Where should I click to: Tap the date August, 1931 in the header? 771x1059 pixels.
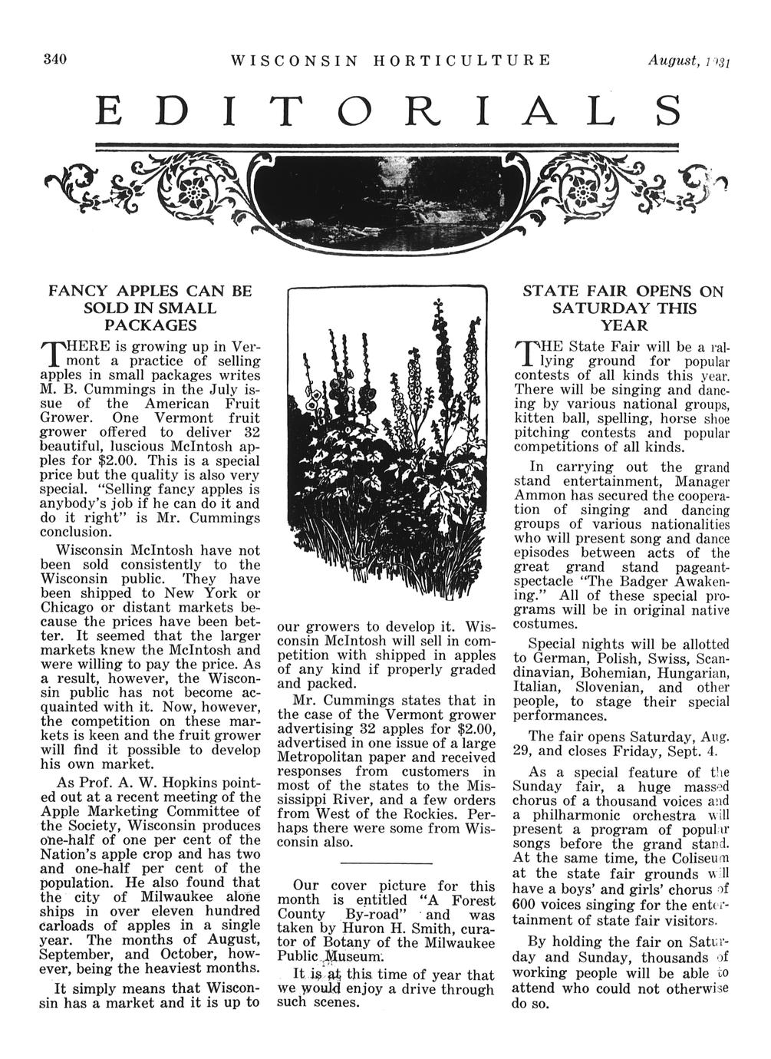tap(687, 60)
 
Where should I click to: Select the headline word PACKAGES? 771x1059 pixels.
tap(150, 325)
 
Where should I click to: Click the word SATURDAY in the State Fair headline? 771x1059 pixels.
tap(599, 308)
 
